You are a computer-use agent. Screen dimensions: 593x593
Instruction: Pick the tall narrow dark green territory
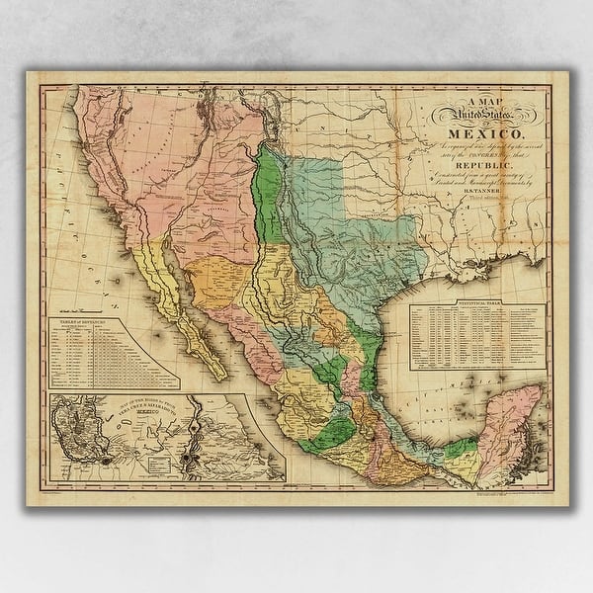tap(266, 188)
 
